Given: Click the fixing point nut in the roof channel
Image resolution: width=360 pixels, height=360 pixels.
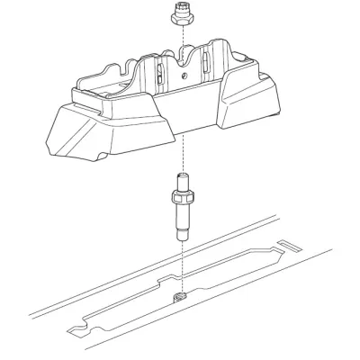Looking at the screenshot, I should tap(180, 294).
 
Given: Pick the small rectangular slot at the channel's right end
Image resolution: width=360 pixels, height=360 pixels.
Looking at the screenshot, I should tap(291, 244).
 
